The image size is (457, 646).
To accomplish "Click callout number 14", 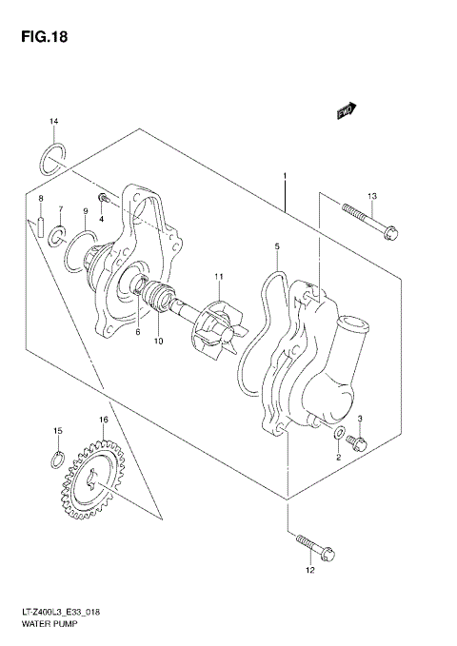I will [x=54, y=121].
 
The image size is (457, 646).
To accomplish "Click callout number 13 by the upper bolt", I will [x=372, y=196].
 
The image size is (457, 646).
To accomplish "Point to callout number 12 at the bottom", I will [x=308, y=571].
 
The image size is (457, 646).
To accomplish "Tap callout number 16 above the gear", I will [x=103, y=420].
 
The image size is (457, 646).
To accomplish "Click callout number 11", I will [x=218, y=277].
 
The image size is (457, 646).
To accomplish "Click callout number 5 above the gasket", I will [x=277, y=246].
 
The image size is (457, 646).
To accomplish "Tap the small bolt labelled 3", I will [x=358, y=440].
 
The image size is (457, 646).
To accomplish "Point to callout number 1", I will [x=284, y=176].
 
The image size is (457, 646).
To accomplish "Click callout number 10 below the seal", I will [x=159, y=342].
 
